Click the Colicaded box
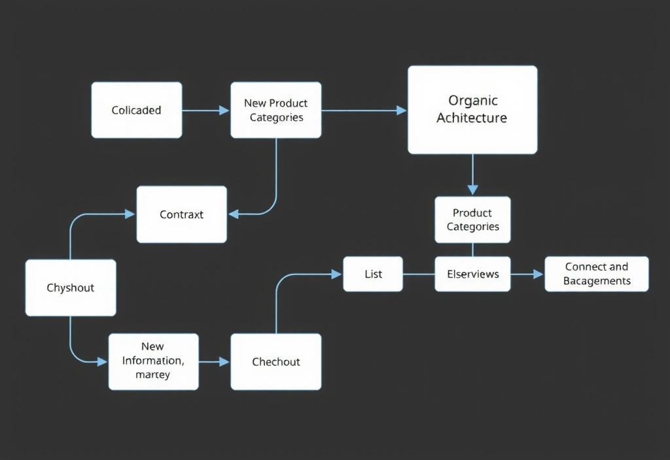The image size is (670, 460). click(x=136, y=110)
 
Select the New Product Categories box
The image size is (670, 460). click(x=275, y=110)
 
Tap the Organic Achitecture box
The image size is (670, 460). click(x=472, y=110)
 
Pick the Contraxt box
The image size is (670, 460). click(x=181, y=214)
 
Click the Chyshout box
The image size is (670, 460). click(x=70, y=287)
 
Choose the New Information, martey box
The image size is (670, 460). click(x=153, y=361)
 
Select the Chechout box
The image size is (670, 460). click(x=275, y=361)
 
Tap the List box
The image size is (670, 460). click(x=373, y=274)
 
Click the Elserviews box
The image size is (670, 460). click(x=472, y=274)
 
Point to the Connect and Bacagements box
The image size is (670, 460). click(x=596, y=274)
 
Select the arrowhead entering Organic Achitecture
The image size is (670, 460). click(x=402, y=110)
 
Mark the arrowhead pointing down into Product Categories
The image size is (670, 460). click(x=472, y=189)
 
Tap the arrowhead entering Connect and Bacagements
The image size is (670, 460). click(x=538, y=274)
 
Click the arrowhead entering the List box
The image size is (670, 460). click(x=337, y=274)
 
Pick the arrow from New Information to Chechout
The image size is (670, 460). click(x=214, y=361)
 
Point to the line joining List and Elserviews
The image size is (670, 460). click(x=419, y=274)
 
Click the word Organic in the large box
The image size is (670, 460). click(x=472, y=101)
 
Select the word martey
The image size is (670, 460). click(x=152, y=375)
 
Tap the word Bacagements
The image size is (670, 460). click(x=597, y=281)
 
